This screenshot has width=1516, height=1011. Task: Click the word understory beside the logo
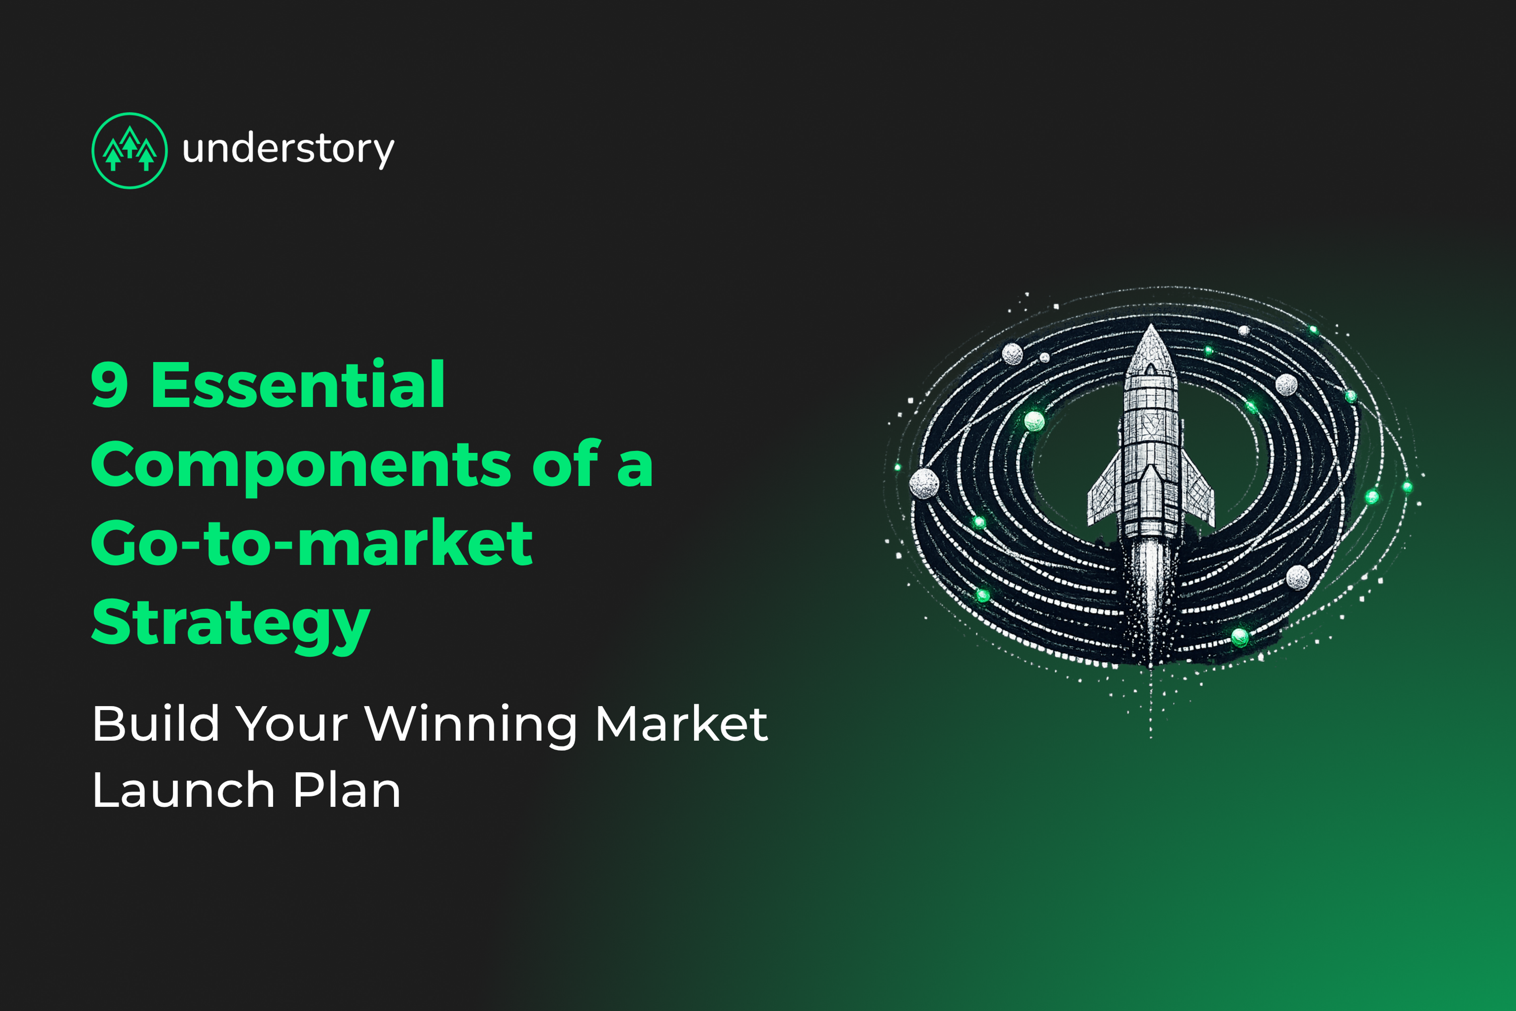tap(288, 150)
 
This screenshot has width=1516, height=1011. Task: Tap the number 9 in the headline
tap(110, 385)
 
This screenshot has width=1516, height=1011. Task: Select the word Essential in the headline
tap(297, 385)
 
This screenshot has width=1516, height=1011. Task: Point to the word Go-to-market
tap(312, 543)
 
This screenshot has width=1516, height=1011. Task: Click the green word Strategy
tap(231, 623)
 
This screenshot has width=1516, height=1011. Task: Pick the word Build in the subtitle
tap(155, 723)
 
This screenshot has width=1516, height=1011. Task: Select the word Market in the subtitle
tap(681, 723)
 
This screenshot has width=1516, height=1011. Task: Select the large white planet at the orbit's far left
tap(924, 483)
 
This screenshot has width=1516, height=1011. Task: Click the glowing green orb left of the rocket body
tap(1034, 421)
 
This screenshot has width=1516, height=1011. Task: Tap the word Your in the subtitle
tap(292, 723)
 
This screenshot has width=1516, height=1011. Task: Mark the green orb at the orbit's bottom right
tap(1240, 637)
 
